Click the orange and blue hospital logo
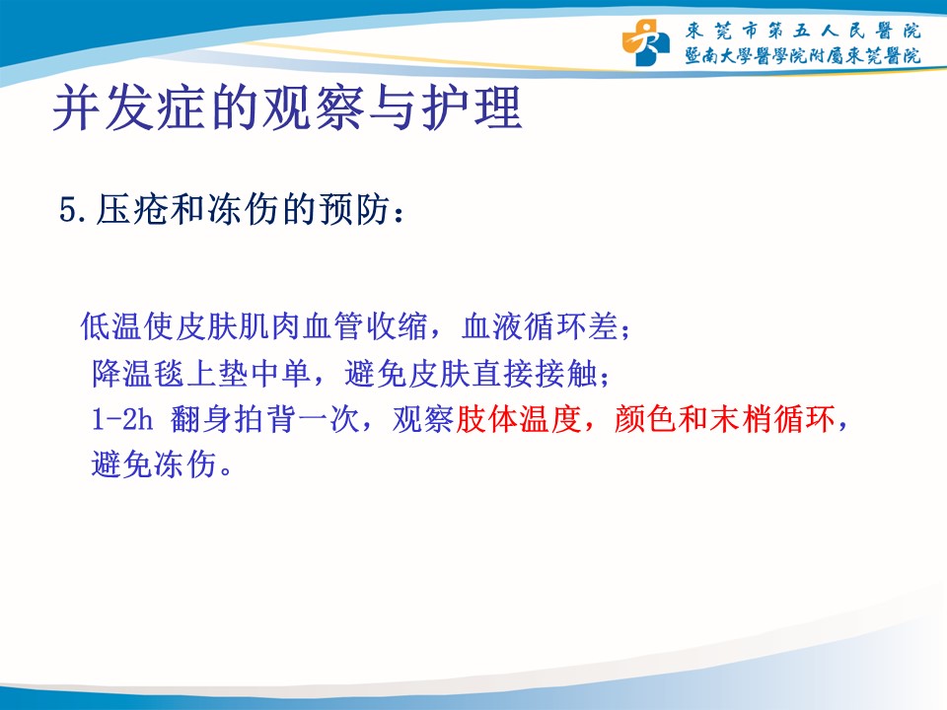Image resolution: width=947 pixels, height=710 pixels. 645,42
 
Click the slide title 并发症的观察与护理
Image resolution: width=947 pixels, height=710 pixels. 287,108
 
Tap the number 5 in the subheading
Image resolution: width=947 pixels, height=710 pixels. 67,210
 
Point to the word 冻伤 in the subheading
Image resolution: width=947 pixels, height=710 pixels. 244,209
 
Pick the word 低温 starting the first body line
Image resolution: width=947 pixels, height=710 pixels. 111,326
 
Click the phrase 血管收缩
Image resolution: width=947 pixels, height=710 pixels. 365,326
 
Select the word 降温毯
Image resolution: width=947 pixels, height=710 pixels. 138,373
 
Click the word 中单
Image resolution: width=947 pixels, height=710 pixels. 281,373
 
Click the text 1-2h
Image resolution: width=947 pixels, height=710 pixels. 122,419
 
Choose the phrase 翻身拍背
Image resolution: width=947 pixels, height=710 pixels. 234,419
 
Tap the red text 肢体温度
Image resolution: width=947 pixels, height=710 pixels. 519,419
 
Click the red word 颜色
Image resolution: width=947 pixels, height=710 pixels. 645,419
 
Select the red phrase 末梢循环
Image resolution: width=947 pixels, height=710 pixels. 772,419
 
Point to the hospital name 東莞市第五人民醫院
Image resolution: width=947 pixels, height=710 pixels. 803,31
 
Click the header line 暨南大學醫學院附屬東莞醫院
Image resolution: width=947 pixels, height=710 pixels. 803,55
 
